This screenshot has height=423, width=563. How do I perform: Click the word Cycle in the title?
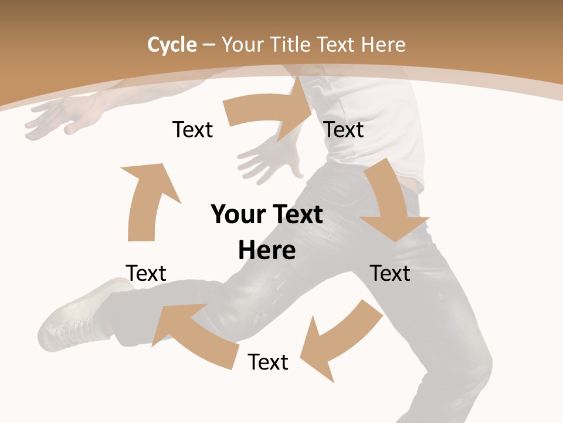pyautogui.click(x=172, y=44)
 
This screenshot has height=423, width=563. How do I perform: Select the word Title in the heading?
pyautogui.click(x=291, y=44)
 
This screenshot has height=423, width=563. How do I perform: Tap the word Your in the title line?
pyautogui.click(x=243, y=44)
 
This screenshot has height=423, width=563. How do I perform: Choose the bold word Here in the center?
pyautogui.click(x=267, y=250)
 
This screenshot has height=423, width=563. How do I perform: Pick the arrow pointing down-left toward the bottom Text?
pyautogui.click(x=340, y=341)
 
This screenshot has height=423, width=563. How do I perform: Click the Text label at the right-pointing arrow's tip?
pyautogui.click(x=344, y=129)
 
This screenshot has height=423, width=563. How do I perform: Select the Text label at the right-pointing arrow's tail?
pyautogui.click(x=192, y=129)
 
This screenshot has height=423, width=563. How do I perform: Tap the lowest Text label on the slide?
pyautogui.click(x=268, y=362)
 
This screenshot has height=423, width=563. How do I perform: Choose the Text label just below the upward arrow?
pyautogui.click(x=146, y=273)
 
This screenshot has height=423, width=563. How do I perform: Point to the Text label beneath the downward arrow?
pyautogui.click(x=390, y=273)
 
